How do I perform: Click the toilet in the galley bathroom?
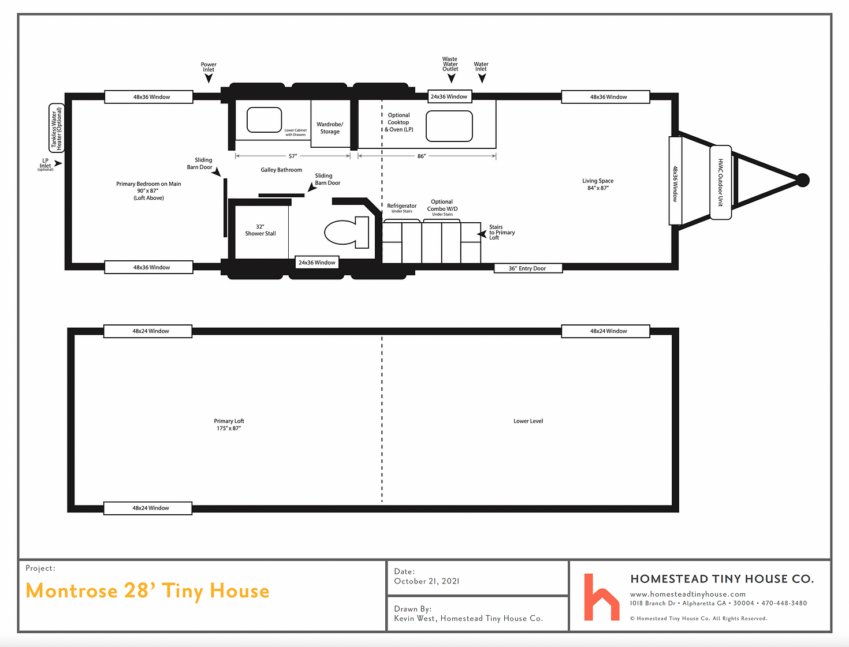pyautogui.click(x=346, y=232)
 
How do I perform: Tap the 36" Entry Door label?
pyautogui.click(x=527, y=268)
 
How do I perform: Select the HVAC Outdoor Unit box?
pyautogui.click(x=721, y=182)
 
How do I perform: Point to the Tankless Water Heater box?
pyautogui.click(x=57, y=128)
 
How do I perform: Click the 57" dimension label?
pyautogui.click(x=293, y=156)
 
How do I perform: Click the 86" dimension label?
pyautogui.click(x=421, y=156)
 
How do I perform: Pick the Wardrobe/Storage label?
pyautogui.click(x=330, y=128)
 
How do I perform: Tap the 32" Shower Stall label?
pyautogui.click(x=260, y=230)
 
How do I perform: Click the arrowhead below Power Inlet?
pyautogui.click(x=208, y=78)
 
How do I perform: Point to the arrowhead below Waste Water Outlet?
pyautogui.click(x=451, y=78)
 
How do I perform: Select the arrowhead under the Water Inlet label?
pyautogui.click(x=482, y=78)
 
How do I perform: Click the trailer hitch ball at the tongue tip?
pyautogui.click(x=803, y=180)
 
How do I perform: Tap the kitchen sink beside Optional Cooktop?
pyautogui.click(x=449, y=126)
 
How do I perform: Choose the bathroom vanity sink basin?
pyautogui.click(x=264, y=120)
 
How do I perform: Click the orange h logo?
pyautogui.click(x=601, y=597)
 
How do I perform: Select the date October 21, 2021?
pyautogui.click(x=426, y=581)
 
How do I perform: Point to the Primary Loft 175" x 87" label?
pyautogui.click(x=229, y=424)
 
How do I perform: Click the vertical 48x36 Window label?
pyautogui.click(x=675, y=184)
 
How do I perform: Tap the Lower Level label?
pyautogui.click(x=528, y=421)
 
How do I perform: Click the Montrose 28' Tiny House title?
pyautogui.click(x=147, y=591)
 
